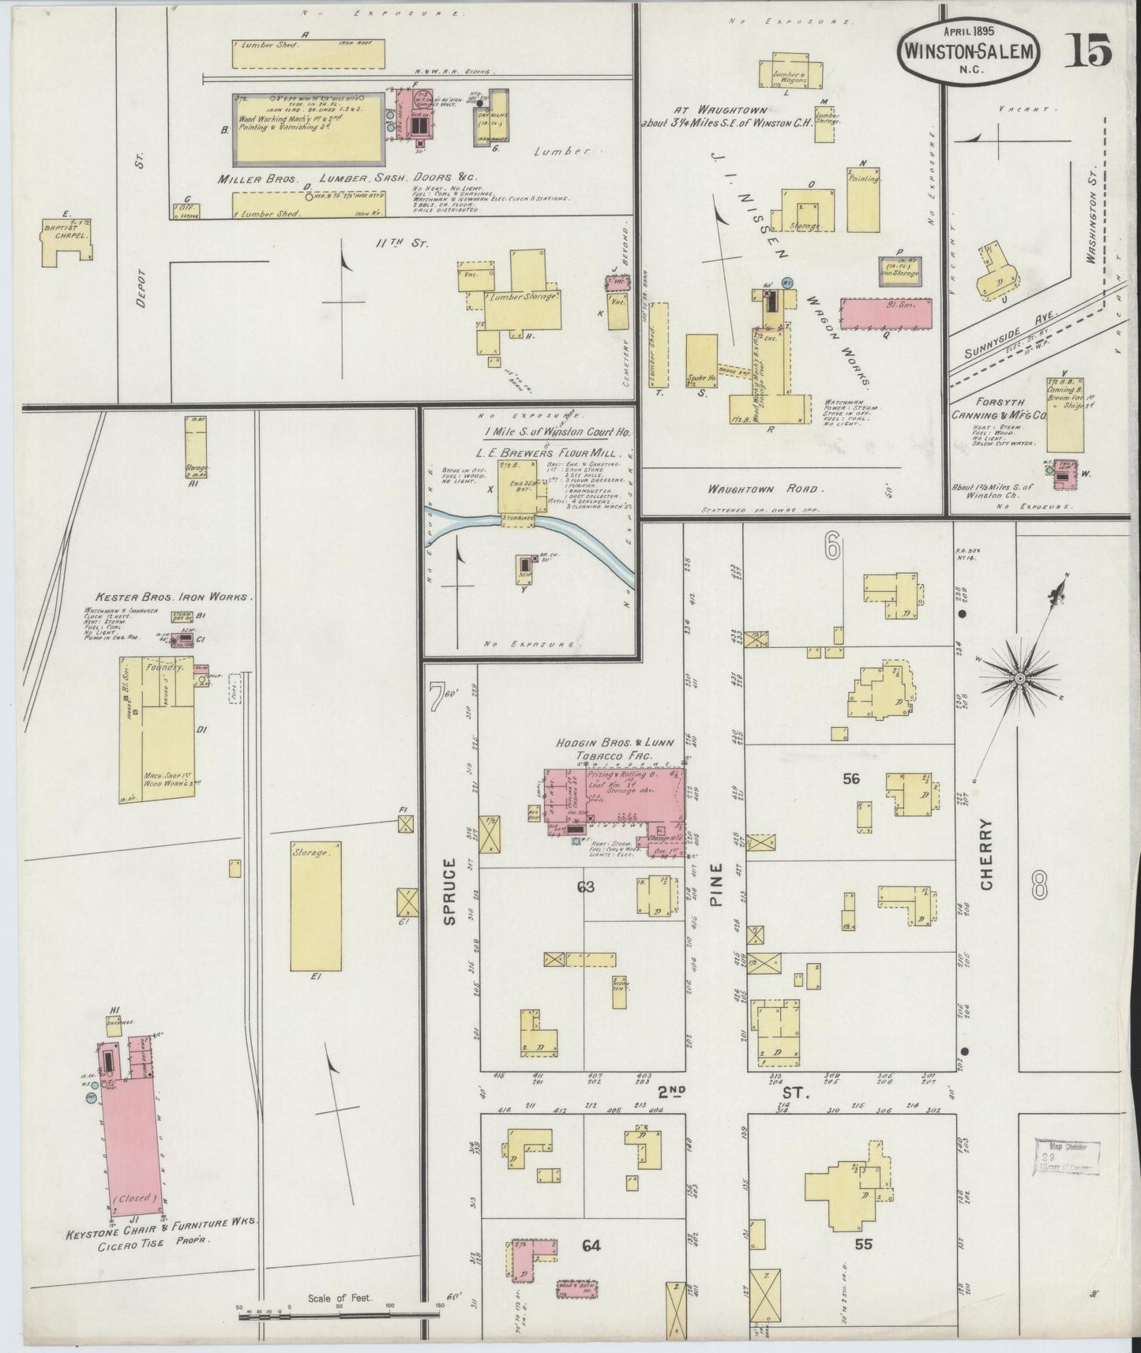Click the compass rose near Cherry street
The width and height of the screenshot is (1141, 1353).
coord(1019,677)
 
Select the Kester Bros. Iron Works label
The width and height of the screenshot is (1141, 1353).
coord(174,598)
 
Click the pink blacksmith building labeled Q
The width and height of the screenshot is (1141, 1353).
coord(888,313)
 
